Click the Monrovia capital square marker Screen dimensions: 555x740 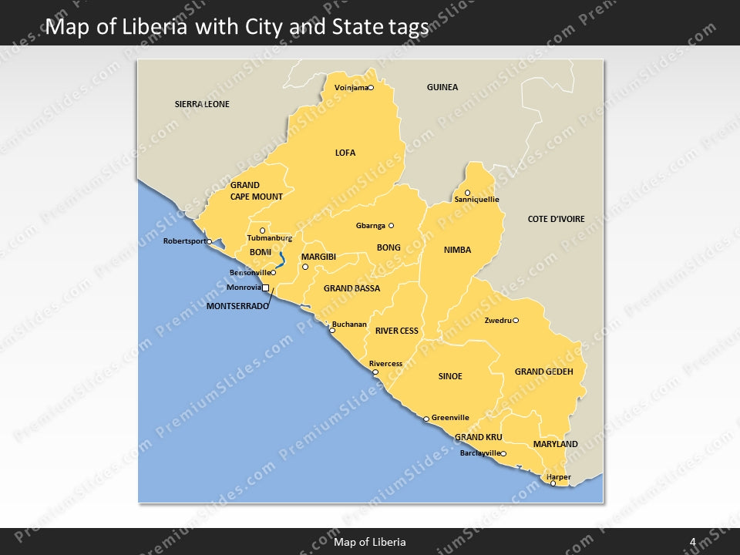pyautogui.click(x=266, y=288)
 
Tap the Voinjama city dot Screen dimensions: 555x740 pyautogui.click(x=371, y=88)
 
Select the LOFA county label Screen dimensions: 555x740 pyautogui.click(x=345, y=153)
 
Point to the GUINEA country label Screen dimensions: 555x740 pyautogui.click(x=442, y=87)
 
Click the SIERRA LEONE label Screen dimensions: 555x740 pyautogui.click(x=202, y=104)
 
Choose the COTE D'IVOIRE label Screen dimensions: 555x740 pyautogui.click(x=556, y=219)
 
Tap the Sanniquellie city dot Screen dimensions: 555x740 pyautogui.click(x=467, y=193)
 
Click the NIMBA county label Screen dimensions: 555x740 pyautogui.click(x=457, y=250)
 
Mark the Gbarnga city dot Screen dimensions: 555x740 pyautogui.click(x=391, y=226)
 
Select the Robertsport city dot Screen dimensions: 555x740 pyautogui.click(x=210, y=241)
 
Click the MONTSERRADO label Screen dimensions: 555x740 pyautogui.click(x=237, y=306)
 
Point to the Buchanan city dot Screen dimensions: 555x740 pyautogui.click(x=332, y=330)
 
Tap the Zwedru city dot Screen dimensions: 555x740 pyautogui.click(x=516, y=321)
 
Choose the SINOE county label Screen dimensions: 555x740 pyautogui.click(x=450, y=376)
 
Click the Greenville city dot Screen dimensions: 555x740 pyautogui.click(x=426, y=419)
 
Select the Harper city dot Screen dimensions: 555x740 pyautogui.click(x=553, y=483)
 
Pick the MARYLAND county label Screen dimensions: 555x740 pyautogui.click(x=555, y=444)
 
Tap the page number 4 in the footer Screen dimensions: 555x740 pyautogui.click(x=692, y=542)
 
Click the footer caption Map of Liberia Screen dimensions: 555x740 pyautogui.click(x=370, y=542)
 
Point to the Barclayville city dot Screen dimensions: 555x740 pyautogui.click(x=503, y=454)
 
